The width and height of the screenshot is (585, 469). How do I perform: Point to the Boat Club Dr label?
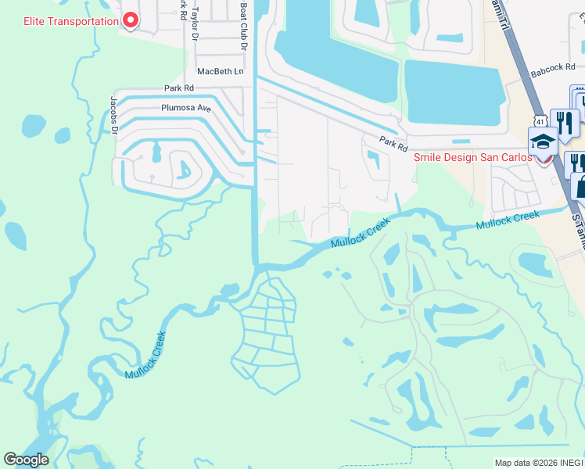click(243, 27)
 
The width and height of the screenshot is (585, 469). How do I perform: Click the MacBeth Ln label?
click(221, 71)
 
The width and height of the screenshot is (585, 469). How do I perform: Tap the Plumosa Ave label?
click(186, 108)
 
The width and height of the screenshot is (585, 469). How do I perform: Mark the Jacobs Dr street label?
click(114, 114)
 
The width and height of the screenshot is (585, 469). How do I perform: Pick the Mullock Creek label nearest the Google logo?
click(145, 356)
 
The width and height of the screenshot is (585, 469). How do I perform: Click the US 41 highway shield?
click(540, 120)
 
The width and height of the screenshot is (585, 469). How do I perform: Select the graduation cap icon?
click(542, 141)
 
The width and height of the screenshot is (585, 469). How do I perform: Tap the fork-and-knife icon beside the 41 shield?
click(565, 123)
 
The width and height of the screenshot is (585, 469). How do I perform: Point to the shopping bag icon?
click(581, 188)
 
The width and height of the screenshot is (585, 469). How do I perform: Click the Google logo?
click(27, 460)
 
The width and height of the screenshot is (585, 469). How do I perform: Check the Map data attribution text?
click(539, 462)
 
